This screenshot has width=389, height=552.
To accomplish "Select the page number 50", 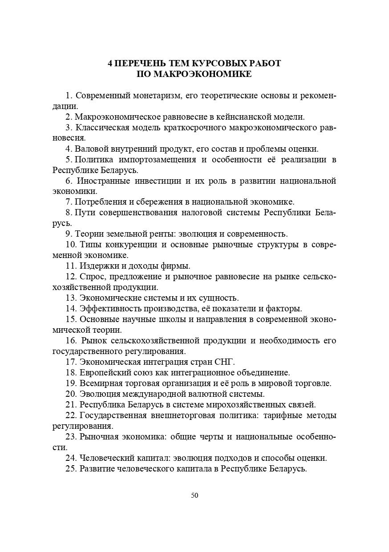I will pyautogui.click(x=194, y=496).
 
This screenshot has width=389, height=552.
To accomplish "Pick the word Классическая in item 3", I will pyautogui.click(x=102, y=128).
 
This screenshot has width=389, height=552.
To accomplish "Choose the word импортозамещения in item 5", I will pyautogui.click(x=161, y=160).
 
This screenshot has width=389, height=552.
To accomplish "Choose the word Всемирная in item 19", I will pyautogui.click(x=101, y=383).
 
